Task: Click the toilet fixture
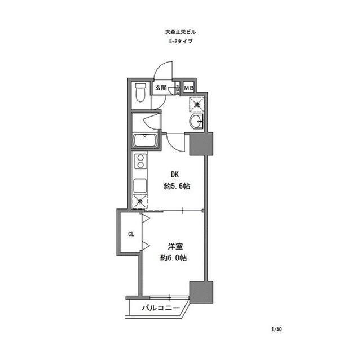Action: click(140, 94)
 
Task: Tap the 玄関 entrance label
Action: click(161, 87)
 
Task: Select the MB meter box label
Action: click(188, 87)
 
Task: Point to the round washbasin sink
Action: click(197, 122)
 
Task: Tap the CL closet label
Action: click(130, 234)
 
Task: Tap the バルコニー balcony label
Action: click(160, 308)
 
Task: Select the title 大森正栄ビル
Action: click(181, 32)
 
